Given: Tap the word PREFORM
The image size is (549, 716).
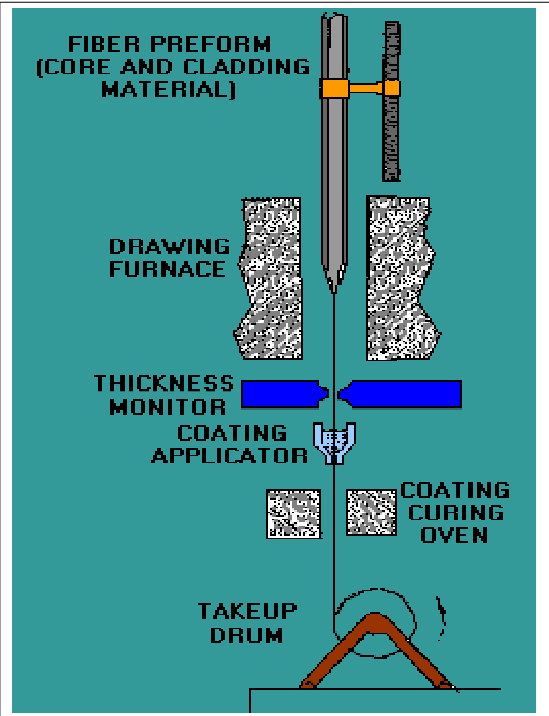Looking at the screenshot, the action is (211, 45).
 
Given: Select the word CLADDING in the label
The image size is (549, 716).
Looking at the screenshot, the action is (247, 67).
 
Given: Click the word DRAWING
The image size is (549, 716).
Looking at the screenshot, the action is (169, 247).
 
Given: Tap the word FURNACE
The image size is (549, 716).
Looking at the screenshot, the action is (168, 269).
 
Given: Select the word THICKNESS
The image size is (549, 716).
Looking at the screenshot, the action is (164, 383).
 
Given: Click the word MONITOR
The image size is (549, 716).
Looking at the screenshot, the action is (168, 406).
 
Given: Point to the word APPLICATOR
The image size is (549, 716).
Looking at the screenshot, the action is (229, 456).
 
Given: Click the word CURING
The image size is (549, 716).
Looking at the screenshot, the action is (456, 512).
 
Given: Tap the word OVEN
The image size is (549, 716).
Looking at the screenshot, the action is (454, 535).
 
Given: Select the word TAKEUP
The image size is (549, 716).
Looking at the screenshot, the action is (248, 611).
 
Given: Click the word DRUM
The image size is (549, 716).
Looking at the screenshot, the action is (247, 635).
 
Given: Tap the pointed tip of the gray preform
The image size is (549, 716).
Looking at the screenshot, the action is (334, 291).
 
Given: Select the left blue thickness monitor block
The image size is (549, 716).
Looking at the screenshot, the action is (284, 394).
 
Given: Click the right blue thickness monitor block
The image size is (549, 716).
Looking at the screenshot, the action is (401, 394).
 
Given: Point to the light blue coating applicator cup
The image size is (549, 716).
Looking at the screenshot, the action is (334, 442).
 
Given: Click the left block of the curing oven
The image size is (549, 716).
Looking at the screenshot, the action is (294, 514).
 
